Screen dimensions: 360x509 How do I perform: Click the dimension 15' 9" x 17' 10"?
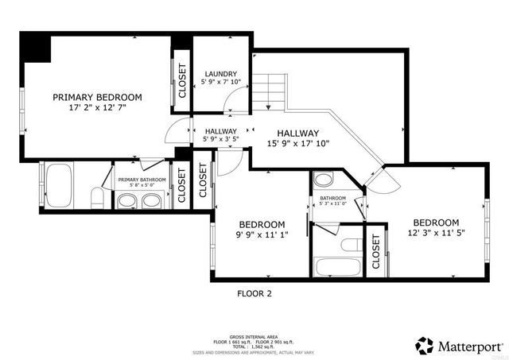tap(298, 144)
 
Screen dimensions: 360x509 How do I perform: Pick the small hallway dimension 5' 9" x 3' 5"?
tap(220, 140)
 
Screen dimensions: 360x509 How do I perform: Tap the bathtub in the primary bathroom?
tap(60, 185)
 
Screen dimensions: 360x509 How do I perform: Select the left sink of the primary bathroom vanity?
tap(127, 200)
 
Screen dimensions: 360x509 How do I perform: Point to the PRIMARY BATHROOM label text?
tap(142, 180)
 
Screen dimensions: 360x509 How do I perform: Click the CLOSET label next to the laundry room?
tap(181, 79)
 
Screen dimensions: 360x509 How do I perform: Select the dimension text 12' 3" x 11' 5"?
tap(435, 233)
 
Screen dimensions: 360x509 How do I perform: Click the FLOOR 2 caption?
tap(254, 293)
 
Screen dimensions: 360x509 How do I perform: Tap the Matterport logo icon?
tap(424, 344)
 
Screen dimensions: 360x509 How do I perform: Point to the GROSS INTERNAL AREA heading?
tap(253, 337)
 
